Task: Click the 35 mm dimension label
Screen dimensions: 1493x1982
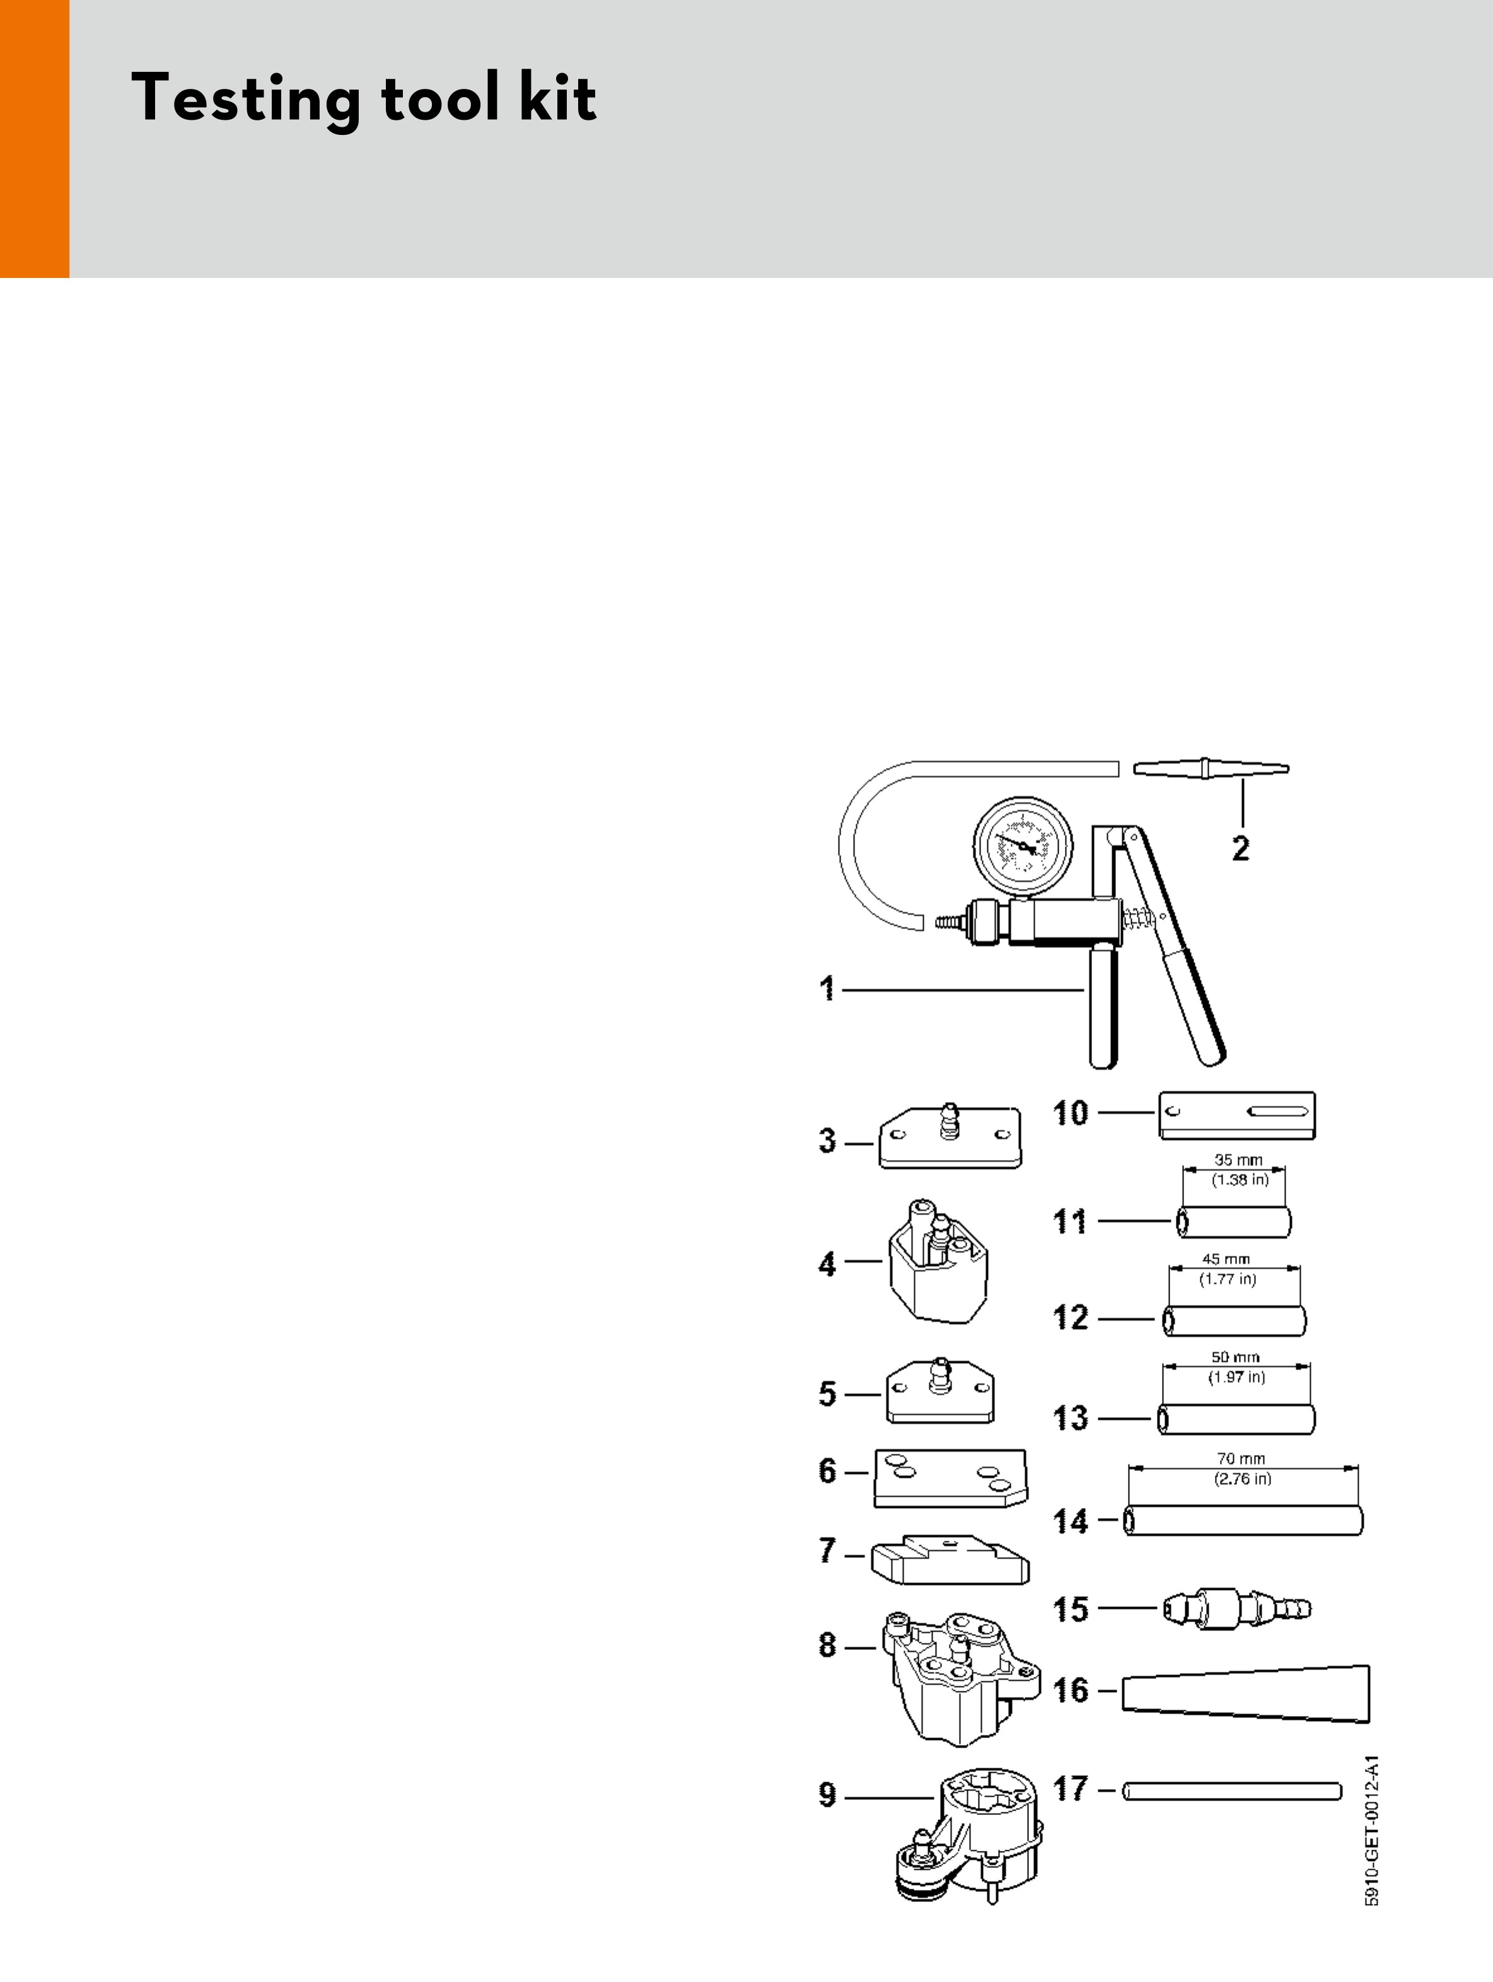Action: (1238, 1159)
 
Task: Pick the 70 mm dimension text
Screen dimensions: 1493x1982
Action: (1241, 1459)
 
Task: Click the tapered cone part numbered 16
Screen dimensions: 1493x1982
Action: (1246, 1693)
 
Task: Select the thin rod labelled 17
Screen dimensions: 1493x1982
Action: (1231, 1791)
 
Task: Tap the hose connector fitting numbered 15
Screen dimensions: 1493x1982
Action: (1236, 1608)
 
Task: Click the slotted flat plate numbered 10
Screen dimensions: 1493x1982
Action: (1236, 1115)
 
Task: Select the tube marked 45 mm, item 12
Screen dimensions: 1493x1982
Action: (1234, 1321)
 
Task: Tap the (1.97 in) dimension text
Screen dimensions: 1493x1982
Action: (1236, 1377)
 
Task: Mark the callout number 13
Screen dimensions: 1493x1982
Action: (1070, 1418)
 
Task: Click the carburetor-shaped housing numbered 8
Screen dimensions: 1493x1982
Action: (959, 1680)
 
